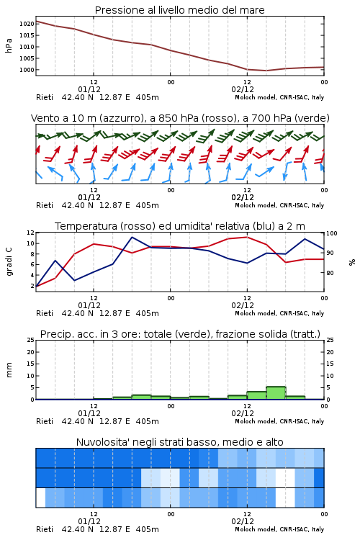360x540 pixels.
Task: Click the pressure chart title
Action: pos(179,10)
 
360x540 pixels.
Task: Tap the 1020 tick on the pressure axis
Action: pos(27,24)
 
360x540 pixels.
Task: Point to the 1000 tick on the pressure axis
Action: pos(27,70)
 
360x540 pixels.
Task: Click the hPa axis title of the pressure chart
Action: pos(9,45)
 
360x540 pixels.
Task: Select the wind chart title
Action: pos(180,118)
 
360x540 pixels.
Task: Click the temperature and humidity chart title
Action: pos(180,226)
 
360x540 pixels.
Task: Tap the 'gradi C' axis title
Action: pos(9,261)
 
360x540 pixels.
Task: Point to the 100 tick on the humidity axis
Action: pos(332,233)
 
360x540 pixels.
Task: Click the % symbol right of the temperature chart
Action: pos(352,262)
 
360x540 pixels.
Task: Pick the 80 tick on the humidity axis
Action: pos(330,273)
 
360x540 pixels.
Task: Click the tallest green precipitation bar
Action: pos(276,393)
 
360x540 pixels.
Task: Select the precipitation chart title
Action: pos(180,334)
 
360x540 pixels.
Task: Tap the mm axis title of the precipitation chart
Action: pos(9,370)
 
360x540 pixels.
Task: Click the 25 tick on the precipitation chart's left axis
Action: pos(31,341)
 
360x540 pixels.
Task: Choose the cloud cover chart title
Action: pos(179,442)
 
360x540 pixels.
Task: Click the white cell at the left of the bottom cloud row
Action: pos(40,498)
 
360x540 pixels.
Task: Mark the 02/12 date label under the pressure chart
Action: pos(243,89)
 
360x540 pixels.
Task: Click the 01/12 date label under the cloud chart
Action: pos(89,521)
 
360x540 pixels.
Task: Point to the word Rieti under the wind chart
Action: pos(45,205)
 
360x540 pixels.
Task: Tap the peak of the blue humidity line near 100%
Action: pos(132,237)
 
